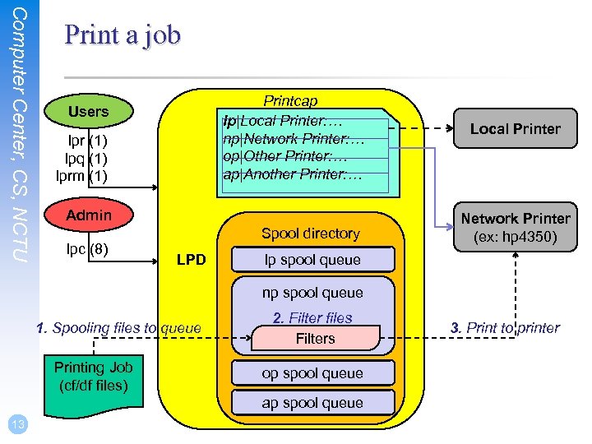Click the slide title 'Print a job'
pos(122,35)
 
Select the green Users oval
pos(88,111)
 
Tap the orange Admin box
pos(88,215)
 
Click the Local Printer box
pos(515,128)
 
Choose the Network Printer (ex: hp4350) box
pos(515,228)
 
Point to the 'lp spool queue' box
pos(312,260)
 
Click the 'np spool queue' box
pos(312,292)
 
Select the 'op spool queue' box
pos(312,372)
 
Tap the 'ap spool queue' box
pos(312,403)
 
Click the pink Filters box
pos(316,338)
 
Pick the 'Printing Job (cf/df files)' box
pos(92,375)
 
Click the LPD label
pos(192,261)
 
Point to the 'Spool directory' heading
pos(310,234)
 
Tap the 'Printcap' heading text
pos(290,101)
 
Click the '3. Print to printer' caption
pos(505,328)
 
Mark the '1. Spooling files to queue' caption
pos(118,328)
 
